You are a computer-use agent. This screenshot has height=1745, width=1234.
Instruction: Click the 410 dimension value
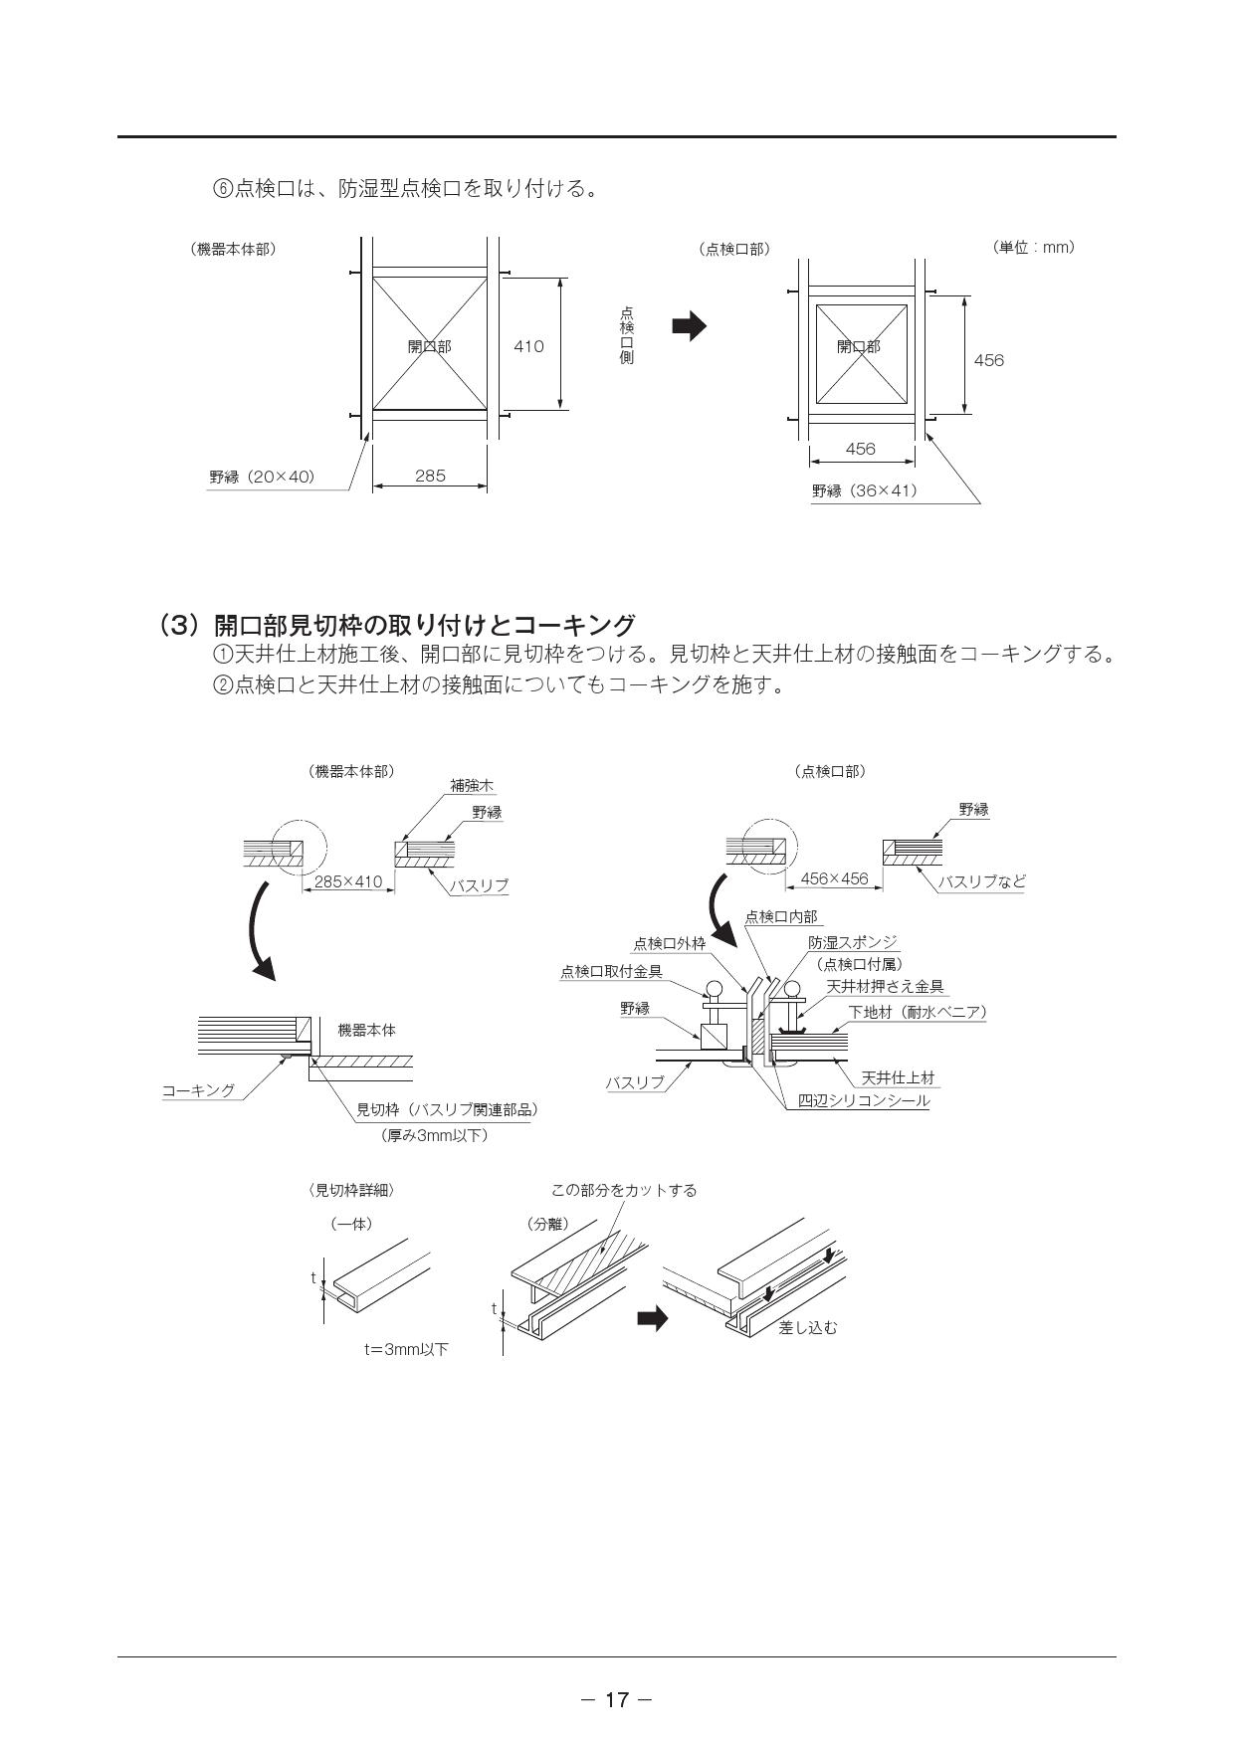(528, 346)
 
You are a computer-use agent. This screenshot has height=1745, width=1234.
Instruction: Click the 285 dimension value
(430, 476)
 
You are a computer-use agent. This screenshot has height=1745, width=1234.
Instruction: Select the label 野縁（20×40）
(262, 477)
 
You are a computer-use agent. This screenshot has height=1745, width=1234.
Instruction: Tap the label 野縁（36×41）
(864, 490)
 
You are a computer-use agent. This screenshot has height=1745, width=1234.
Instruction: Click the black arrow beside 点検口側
(689, 325)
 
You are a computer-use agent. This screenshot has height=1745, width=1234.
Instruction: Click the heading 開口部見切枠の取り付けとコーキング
(425, 625)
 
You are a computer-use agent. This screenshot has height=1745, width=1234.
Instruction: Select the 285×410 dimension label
(347, 881)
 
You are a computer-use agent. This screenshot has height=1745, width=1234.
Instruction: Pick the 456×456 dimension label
(834, 878)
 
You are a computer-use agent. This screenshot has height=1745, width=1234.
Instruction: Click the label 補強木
(472, 786)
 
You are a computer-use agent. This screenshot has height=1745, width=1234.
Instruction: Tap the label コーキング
(199, 1090)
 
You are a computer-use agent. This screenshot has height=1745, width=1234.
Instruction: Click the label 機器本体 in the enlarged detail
(366, 1030)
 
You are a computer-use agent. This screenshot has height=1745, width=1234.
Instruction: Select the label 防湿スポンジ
(852, 942)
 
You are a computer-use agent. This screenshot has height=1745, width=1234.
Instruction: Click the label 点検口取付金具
(611, 971)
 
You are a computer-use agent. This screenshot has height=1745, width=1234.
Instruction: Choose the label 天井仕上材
(898, 1077)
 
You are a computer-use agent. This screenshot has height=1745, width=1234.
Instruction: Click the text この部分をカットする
(624, 1190)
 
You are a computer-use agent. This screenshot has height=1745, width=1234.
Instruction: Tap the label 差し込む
(807, 1327)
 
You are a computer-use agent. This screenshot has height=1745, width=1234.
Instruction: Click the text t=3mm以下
(406, 1349)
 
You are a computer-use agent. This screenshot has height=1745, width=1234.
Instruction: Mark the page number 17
(617, 1699)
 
